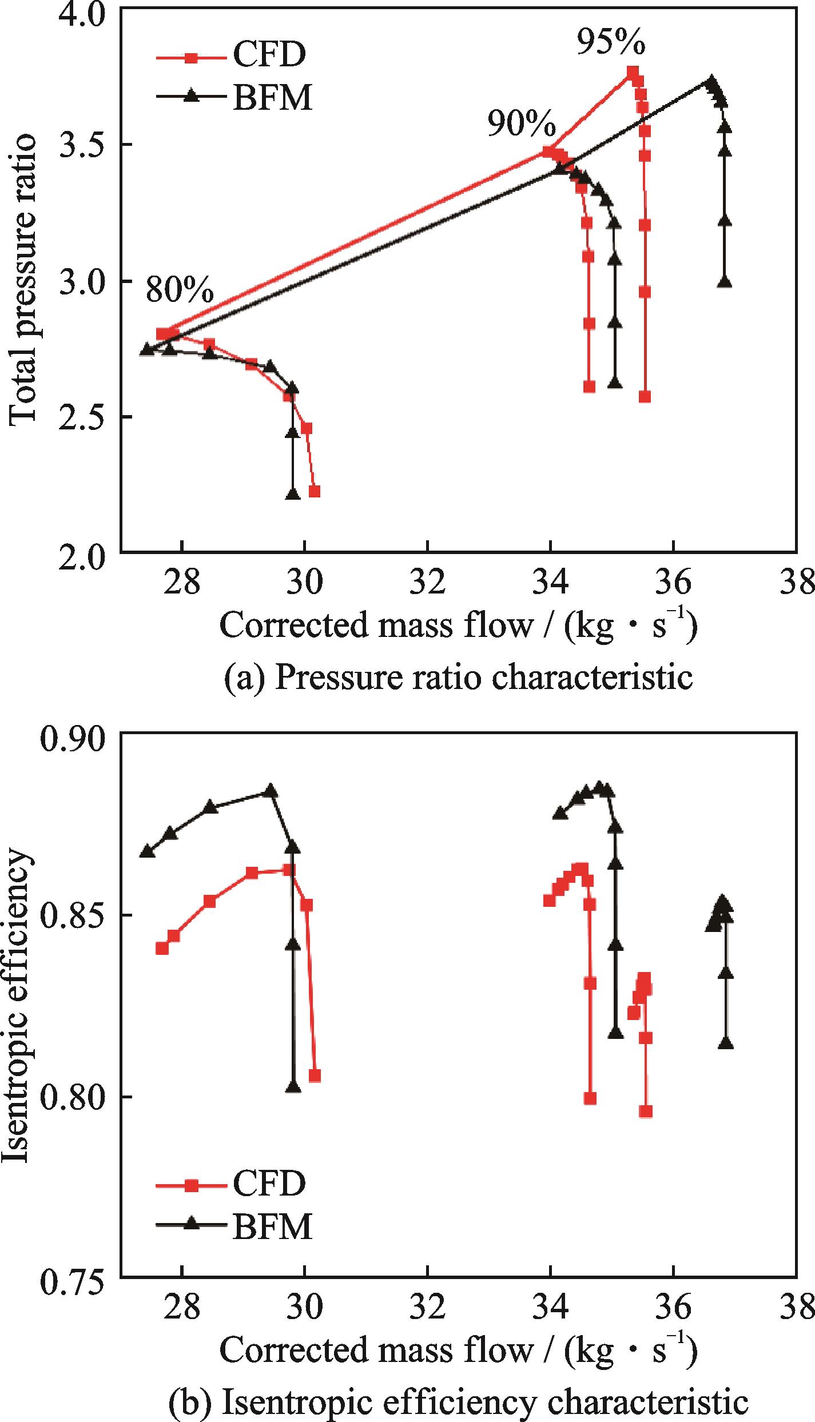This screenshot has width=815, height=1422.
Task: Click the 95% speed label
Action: (x=610, y=42)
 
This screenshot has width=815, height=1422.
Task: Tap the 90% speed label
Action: (x=521, y=124)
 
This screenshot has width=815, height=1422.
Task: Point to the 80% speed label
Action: (x=180, y=291)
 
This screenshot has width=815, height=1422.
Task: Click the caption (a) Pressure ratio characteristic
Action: (x=458, y=678)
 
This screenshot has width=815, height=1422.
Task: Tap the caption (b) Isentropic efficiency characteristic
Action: (x=458, y=1399)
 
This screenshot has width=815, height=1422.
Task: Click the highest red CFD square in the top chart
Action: (x=632, y=73)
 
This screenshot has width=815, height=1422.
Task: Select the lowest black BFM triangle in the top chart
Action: (x=292, y=493)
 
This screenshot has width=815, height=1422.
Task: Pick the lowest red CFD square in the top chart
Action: (x=314, y=492)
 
